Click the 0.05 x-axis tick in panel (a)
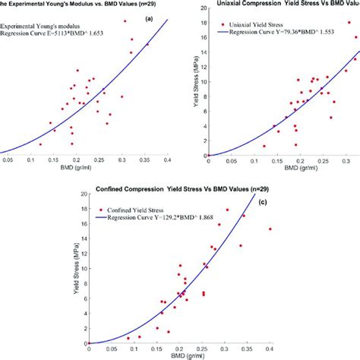click(x=8, y=160)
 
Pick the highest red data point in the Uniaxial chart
click(x=349, y=23)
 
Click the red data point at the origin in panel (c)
click(x=89, y=343)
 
